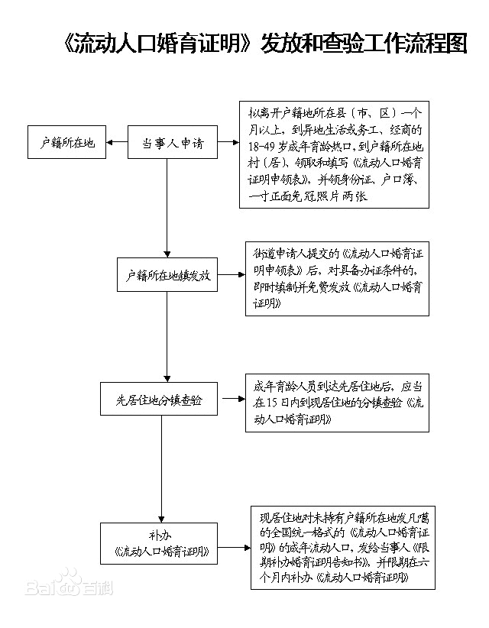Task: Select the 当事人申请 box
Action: [172, 143]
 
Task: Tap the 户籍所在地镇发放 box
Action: [168, 275]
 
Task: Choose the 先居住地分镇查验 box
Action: [159, 400]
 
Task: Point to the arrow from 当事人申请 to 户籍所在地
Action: [117, 143]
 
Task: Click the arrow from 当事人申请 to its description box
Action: [225, 143]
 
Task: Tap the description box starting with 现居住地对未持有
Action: [343, 546]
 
